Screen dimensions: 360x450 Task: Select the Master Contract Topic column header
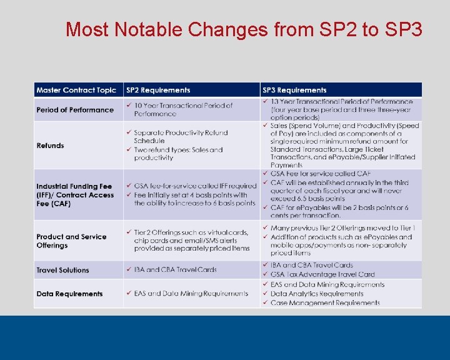click(x=76, y=90)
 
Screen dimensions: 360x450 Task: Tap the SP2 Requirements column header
click(x=157, y=90)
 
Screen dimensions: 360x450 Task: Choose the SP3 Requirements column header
click(x=294, y=90)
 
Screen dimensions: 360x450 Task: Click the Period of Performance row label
click(x=75, y=110)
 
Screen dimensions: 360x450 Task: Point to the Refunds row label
click(x=50, y=146)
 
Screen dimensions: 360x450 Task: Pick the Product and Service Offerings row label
click(x=71, y=241)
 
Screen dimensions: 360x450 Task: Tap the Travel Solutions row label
click(x=62, y=270)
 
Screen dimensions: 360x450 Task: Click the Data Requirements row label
click(x=69, y=294)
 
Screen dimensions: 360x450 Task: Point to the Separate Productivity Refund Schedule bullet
click(x=181, y=136)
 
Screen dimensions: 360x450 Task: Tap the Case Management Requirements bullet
click(x=325, y=303)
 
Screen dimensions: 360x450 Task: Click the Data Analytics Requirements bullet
click(x=317, y=294)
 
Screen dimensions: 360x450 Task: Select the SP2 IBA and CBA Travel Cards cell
click(x=175, y=270)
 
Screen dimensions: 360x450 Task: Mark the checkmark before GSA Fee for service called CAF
click(x=266, y=174)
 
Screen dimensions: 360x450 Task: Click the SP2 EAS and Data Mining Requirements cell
click(x=191, y=294)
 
